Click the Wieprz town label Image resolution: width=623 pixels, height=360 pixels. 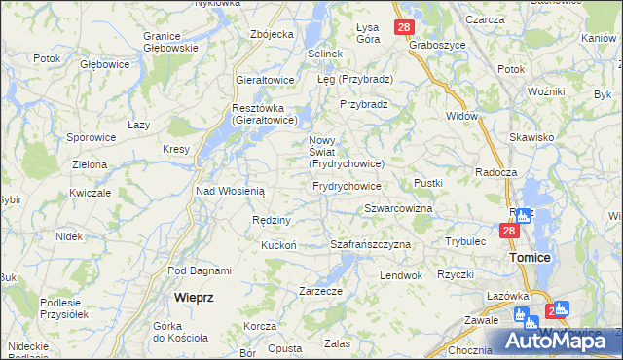[x=194, y=295]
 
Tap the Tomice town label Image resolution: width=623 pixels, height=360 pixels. [x=530, y=258]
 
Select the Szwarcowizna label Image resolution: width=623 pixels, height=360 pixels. [x=398, y=209]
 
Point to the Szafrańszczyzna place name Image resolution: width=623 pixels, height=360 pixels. [x=371, y=244]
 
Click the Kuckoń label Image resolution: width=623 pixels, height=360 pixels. [x=278, y=245]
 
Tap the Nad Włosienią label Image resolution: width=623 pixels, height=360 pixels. [x=231, y=191]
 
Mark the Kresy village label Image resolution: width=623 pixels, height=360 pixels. [x=175, y=150]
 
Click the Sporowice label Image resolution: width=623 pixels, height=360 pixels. [x=92, y=138]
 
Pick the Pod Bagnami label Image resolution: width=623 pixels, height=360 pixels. [x=200, y=270]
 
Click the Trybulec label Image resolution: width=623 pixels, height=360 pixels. [x=465, y=240]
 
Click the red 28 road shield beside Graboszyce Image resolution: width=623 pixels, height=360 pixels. [x=405, y=28]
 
